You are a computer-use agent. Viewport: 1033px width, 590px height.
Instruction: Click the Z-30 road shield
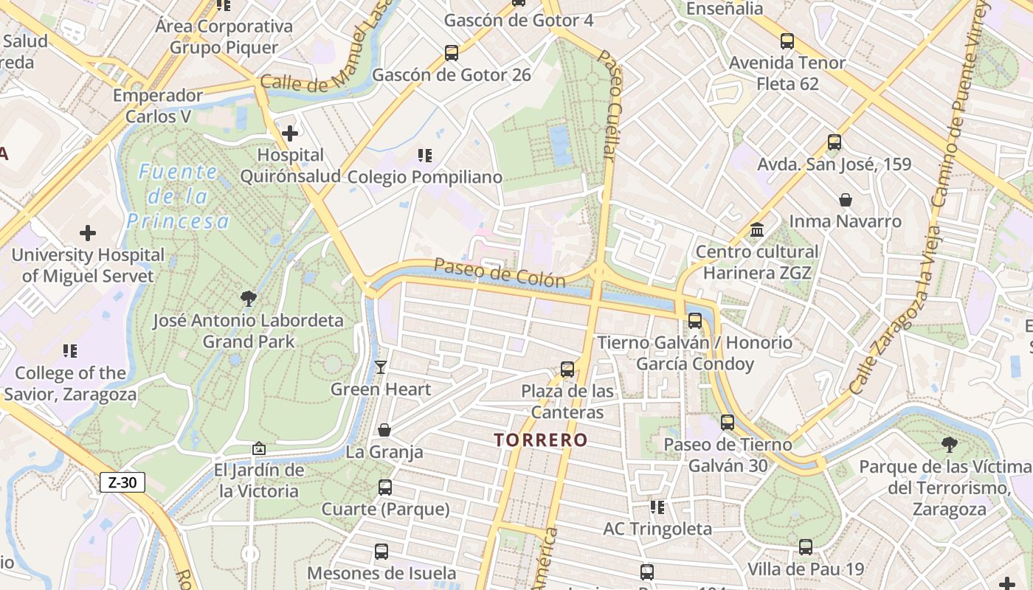pos(122,483)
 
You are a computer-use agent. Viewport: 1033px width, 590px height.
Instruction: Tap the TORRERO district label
pos(541,440)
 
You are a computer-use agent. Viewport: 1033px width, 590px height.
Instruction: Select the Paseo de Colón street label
pos(499,272)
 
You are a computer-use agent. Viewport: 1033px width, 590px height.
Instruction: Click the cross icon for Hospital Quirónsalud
pos(290,133)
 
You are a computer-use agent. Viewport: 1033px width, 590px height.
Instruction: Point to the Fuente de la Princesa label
pos(178,197)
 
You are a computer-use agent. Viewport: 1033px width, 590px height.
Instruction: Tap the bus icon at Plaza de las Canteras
pos(567,369)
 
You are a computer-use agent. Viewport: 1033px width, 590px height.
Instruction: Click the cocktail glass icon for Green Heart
pos(381,367)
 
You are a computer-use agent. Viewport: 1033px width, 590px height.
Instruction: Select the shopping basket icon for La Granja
pos(384,430)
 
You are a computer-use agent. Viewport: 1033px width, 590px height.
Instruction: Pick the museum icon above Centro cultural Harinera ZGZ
pos(757,230)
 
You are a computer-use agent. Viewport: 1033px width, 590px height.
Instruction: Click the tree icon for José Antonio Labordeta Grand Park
pos(249,299)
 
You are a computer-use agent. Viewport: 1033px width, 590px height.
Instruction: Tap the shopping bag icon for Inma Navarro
pos(846,200)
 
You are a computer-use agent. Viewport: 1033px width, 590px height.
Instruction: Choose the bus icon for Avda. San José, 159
pos(835,142)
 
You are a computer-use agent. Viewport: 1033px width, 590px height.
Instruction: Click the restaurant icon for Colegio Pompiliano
pos(424,156)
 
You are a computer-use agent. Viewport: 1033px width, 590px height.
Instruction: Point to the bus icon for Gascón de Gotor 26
pos(452,53)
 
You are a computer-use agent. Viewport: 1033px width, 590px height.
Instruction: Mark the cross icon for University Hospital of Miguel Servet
pos(88,234)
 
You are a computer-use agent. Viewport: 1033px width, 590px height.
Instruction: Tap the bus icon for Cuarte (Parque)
pos(385,487)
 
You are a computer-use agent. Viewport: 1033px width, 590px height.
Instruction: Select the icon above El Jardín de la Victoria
pos(259,448)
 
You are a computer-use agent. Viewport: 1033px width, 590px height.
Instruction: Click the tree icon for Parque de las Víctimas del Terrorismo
pos(950,445)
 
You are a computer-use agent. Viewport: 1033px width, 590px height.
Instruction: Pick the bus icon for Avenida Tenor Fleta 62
pos(787,41)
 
